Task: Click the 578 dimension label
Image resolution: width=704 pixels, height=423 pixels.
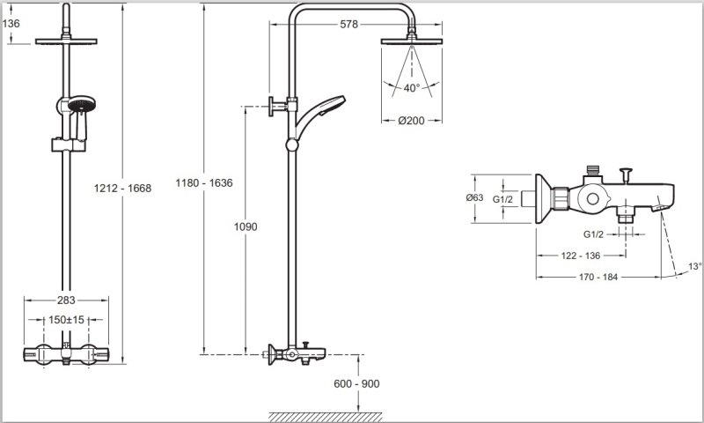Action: point(348,25)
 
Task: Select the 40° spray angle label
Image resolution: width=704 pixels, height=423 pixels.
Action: point(411,88)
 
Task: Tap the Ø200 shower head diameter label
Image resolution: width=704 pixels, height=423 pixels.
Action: point(411,121)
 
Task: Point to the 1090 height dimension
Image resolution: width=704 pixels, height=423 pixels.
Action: point(246,226)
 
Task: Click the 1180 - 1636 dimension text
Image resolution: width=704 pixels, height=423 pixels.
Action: point(204,183)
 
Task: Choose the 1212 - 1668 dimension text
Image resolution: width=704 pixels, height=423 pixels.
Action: point(122,189)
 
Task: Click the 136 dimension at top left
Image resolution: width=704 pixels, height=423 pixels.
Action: point(11,24)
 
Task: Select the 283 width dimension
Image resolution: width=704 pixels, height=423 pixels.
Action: point(66,300)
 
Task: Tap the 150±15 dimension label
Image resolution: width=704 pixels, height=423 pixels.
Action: point(67,320)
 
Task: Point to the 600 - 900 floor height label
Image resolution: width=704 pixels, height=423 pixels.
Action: point(356,384)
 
